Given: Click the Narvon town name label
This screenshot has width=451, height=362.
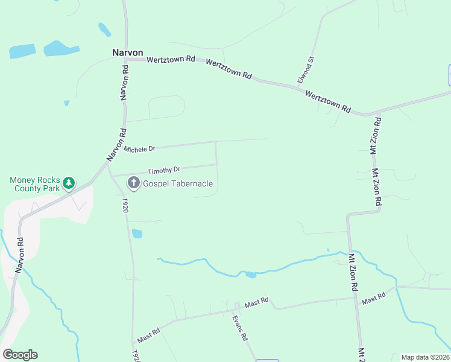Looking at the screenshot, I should tap(127, 52).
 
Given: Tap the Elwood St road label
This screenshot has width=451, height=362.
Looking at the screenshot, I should tap(307, 71).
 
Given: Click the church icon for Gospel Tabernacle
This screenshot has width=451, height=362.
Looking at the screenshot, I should tap(133, 183).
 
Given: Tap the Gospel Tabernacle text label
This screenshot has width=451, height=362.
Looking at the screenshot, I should tap(177, 183).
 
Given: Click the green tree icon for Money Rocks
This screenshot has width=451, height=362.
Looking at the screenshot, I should tap(69, 182).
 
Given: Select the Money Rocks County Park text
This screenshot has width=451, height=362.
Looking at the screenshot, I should tap(35, 184).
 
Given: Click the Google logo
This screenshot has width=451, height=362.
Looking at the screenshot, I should tap(20, 355).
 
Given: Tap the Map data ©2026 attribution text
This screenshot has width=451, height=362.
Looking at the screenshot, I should tap(424, 357).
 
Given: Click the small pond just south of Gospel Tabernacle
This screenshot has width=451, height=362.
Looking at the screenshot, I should tap(137, 233).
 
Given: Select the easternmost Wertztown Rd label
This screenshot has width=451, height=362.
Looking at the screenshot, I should tap(327, 101).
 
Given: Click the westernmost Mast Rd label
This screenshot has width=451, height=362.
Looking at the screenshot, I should tap(148, 332).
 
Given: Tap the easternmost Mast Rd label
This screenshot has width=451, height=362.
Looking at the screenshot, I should tap(373, 297).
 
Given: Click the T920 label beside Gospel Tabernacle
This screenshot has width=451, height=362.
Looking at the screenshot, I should tap(125, 204).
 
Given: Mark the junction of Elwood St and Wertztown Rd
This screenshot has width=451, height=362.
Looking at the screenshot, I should tap(300, 88).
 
